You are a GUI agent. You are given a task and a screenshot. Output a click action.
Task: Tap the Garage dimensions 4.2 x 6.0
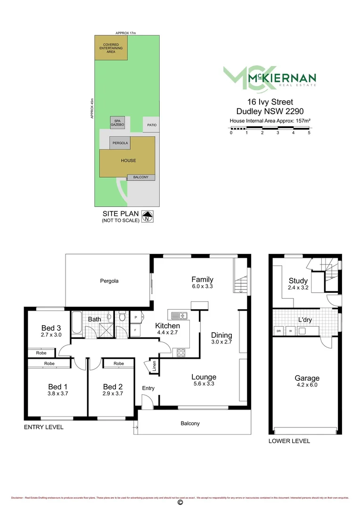coord(307,385)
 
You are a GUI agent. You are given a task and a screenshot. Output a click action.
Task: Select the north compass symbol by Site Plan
coord(149,216)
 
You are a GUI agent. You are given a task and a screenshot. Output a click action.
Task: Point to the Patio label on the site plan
coord(151,125)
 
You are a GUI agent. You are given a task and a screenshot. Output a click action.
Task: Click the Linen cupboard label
coord(154,367)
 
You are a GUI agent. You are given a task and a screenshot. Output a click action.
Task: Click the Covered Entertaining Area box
coord(111,48)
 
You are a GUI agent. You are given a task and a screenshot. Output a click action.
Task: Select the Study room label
coord(298,281)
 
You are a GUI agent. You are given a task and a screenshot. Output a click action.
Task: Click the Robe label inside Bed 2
coord(118,363)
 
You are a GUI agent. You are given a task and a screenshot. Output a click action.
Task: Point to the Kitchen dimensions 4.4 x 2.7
coord(167,333)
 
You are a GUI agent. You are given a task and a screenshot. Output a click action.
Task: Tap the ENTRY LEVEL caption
coord(43,427)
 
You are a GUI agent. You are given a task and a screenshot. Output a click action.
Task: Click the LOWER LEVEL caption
coord(289,441)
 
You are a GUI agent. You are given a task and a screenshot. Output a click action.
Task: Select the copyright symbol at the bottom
coord(180,502)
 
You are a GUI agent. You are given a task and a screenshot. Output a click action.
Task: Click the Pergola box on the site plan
coord(120,143)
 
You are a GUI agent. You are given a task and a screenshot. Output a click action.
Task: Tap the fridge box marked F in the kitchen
coord(135,330)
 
